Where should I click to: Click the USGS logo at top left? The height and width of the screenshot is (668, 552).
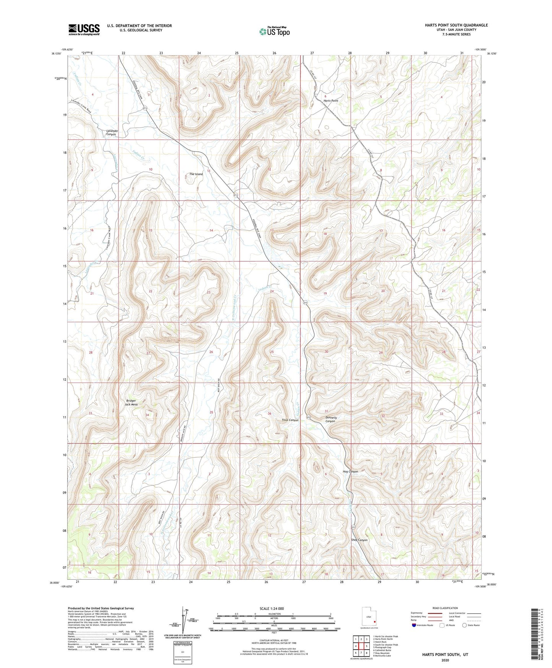[84, 29]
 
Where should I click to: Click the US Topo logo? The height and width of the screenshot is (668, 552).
[274, 31]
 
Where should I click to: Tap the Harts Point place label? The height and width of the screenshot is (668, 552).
[330, 101]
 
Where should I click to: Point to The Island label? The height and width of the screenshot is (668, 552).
[196, 174]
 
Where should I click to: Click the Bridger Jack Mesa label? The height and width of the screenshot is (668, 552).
[132, 402]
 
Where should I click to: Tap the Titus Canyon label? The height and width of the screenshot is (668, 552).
[290, 420]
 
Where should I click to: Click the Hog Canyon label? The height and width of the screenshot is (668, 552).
[350, 472]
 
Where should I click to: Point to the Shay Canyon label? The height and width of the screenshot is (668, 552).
[359, 540]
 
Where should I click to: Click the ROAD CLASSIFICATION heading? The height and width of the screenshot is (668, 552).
[445, 608]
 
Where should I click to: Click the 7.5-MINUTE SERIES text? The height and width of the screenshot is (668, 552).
[460, 34]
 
